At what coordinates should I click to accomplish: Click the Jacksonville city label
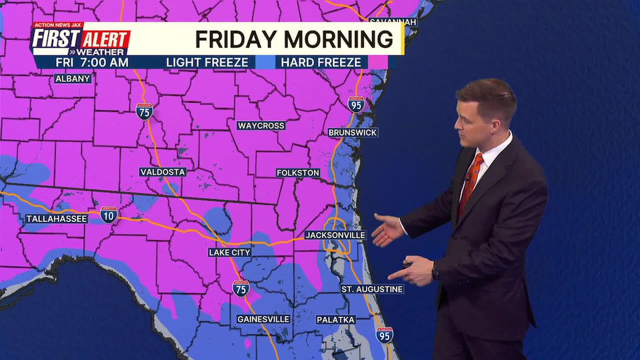(x=335, y=235)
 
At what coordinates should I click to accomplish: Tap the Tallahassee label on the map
(x=57, y=219)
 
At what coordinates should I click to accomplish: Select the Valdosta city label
(x=162, y=172)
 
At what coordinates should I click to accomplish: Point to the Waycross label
(x=261, y=126)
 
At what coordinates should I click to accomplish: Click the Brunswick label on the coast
(x=353, y=133)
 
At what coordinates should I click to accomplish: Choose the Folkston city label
(x=298, y=173)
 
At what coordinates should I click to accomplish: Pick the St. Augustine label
(x=372, y=289)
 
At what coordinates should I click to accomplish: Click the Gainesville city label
(x=263, y=319)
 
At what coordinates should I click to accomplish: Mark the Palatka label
(x=335, y=320)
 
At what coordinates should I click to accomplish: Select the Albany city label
(x=73, y=79)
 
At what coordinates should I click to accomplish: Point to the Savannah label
(x=392, y=22)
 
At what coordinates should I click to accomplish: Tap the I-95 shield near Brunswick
(x=356, y=104)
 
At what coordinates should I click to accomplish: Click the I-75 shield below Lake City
(x=241, y=288)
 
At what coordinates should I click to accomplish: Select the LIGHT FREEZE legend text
(x=207, y=63)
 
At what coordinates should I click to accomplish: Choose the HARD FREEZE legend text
(x=321, y=63)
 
